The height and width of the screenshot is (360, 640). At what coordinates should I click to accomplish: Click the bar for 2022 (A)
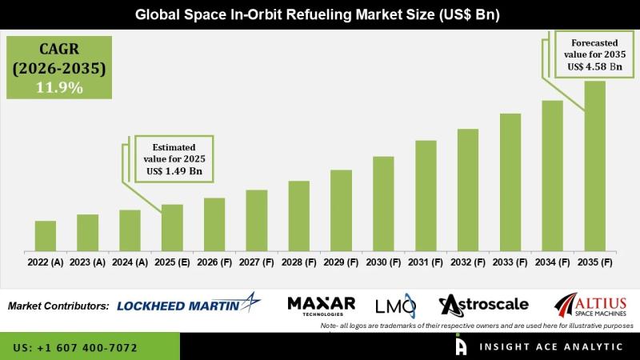click(x=46, y=236)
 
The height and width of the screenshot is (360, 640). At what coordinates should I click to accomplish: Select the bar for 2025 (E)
click(x=172, y=228)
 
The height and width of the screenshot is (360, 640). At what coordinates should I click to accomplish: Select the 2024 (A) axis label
click(x=130, y=262)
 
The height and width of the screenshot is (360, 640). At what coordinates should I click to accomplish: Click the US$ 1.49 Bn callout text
click(x=172, y=171)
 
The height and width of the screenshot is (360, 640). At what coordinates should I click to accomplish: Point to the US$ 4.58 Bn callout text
click(x=594, y=66)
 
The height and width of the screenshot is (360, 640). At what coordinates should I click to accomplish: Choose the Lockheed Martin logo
click(x=189, y=304)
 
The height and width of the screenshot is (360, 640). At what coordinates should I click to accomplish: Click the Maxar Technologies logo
click(x=321, y=305)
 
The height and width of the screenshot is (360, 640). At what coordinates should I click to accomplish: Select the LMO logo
click(x=395, y=305)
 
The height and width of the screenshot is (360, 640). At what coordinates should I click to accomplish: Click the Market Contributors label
click(x=58, y=306)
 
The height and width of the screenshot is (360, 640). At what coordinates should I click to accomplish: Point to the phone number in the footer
click(x=75, y=348)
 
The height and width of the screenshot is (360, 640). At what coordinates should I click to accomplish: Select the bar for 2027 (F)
click(x=256, y=221)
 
